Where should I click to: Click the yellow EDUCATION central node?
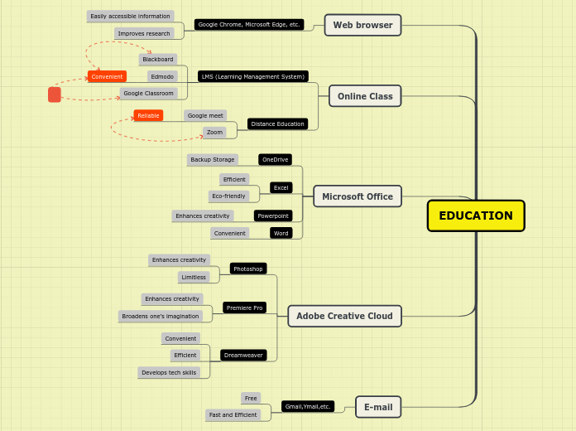point(476,215)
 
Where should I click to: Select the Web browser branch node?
point(362,25)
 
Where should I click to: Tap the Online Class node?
point(365,96)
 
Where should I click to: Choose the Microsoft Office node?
point(358,196)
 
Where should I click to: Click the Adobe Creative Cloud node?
point(344,316)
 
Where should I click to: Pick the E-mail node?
point(378,407)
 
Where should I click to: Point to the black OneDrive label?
point(275,159)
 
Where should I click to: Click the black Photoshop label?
point(248,269)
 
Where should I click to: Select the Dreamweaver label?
point(243,355)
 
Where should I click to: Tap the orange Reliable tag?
point(148,115)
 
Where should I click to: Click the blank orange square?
point(55,94)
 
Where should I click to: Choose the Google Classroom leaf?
point(148,93)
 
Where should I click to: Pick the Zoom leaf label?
point(214,132)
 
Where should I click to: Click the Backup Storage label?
point(212,159)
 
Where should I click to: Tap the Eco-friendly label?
point(228,196)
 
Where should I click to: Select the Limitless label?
point(194,277)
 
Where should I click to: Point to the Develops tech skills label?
point(169,372)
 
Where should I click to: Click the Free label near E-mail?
point(251,398)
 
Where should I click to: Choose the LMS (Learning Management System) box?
point(252,76)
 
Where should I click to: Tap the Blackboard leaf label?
point(158,60)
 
